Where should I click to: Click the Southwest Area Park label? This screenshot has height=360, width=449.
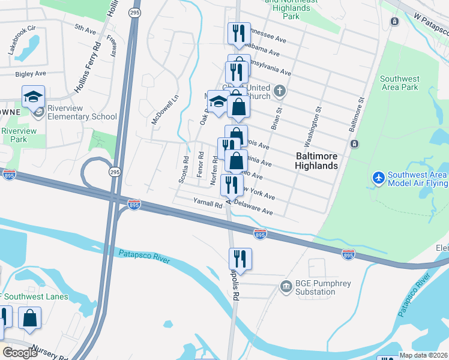point(399,83)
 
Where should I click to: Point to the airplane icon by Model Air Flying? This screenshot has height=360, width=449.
point(378,178)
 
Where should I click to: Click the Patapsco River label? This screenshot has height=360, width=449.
point(144,256)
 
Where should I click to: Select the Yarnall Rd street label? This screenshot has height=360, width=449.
point(208,204)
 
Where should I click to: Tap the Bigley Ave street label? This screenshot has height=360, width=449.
point(31,74)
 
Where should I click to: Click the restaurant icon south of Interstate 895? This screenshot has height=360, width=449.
point(240,260)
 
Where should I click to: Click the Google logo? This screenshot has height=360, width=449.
point(20,353)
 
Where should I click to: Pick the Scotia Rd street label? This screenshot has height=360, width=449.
point(185,170)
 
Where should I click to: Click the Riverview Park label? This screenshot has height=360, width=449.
point(19,135)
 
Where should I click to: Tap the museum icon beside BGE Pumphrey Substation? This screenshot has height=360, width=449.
point(285,288)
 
